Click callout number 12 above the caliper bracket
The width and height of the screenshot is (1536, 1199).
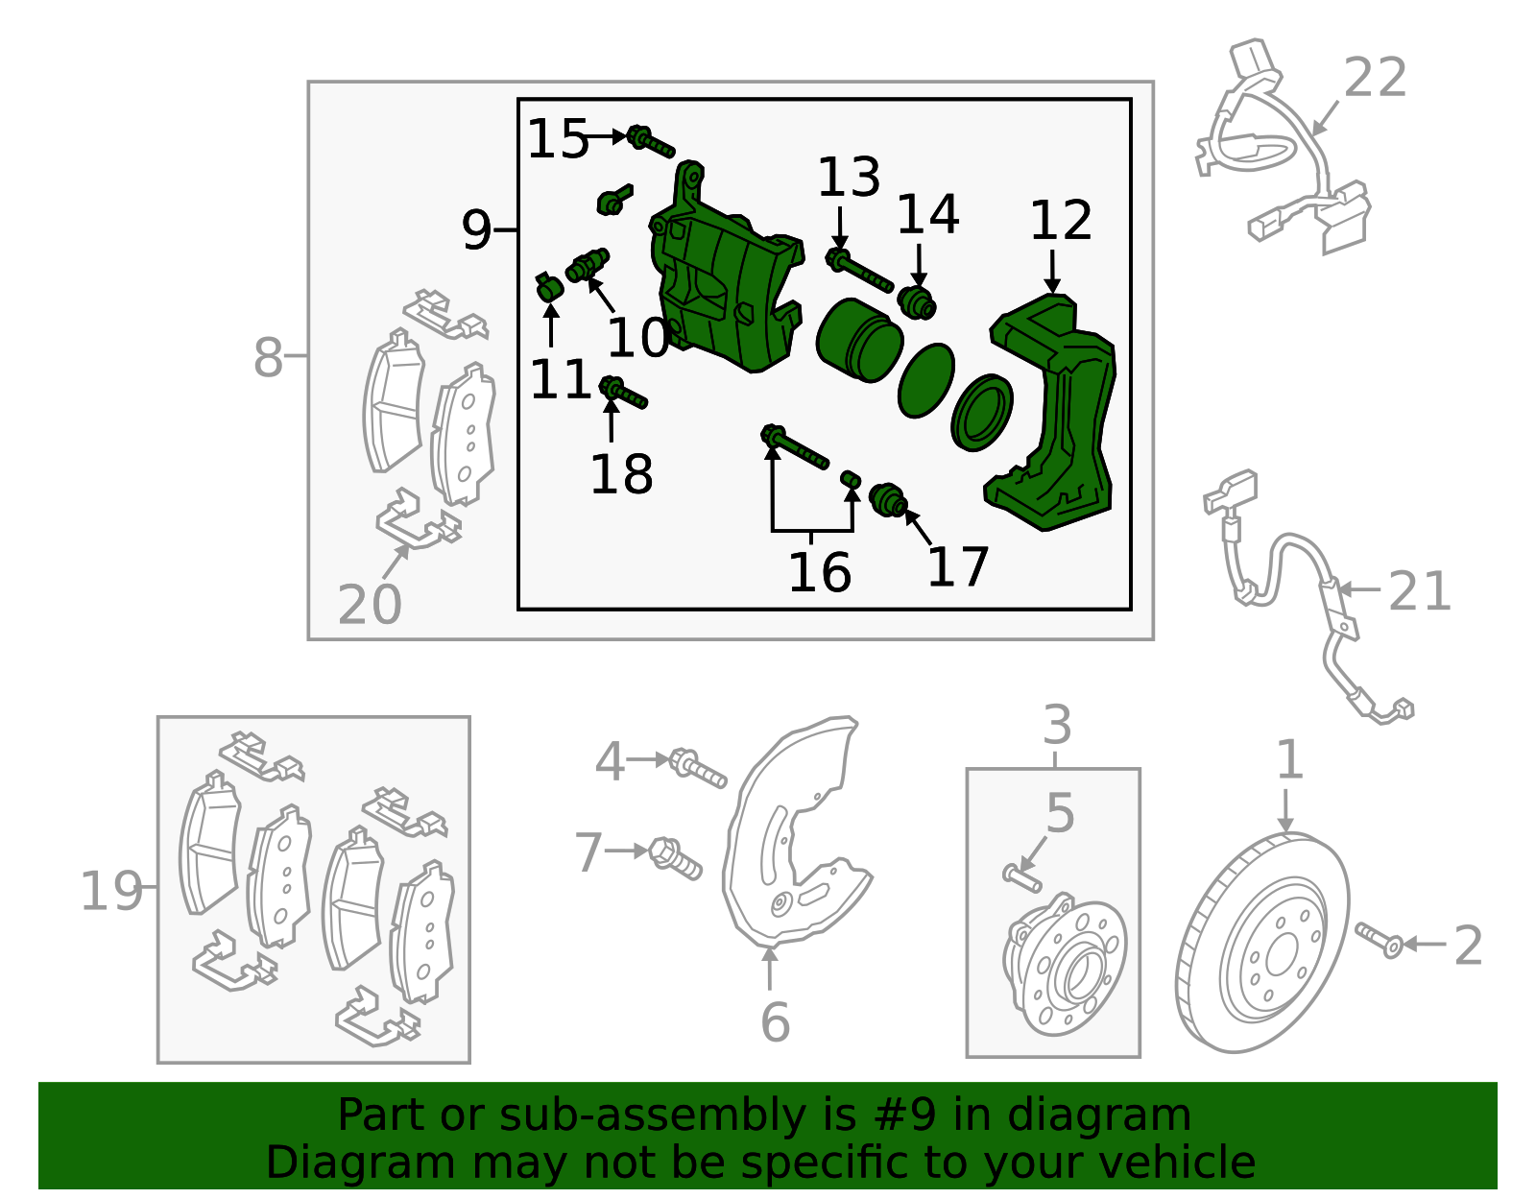(x=1060, y=222)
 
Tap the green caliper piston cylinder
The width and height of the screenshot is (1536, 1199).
(x=858, y=339)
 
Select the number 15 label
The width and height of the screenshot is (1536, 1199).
(x=557, y=139)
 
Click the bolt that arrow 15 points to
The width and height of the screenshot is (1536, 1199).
(x=651, y=142)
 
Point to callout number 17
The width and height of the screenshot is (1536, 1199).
(x=957, y=567)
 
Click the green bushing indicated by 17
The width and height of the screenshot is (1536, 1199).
(x=888, y=501)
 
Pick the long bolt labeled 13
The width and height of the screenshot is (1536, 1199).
(x=859, y=269)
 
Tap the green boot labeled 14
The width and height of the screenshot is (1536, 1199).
(x=917, y=301)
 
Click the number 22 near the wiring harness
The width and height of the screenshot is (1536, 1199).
(x=1375, y=78)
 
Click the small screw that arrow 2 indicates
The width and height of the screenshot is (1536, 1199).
(x=1380, y=940)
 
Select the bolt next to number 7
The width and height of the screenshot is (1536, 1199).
(x=675, y=857)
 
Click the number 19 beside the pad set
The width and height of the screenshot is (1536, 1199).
(x=110, y=891)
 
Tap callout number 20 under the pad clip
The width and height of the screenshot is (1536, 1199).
(x=370, y=605)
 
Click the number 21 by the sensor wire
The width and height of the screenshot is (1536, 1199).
(x=1419, y=591)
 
